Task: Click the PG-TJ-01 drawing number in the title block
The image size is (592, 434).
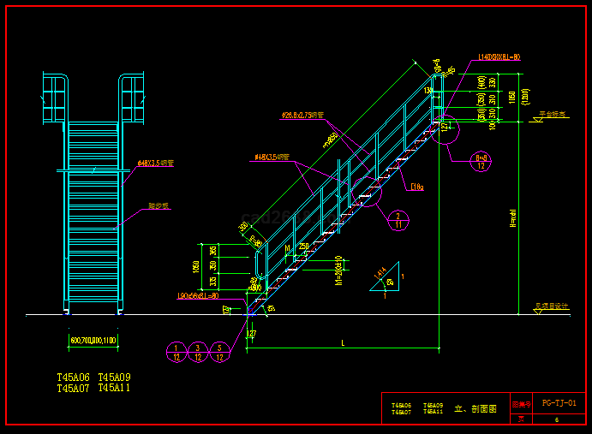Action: (x=565, y=402)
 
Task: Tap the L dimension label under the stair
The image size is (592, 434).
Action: (x=343, y=343)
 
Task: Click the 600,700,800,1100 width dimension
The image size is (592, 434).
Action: (x=93, y=341)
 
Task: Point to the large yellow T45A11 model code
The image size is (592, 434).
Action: (x=115, y=389)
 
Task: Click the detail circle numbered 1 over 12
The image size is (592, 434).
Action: (x=176, y=352)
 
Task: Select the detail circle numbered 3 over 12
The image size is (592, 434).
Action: (x=198, y=352)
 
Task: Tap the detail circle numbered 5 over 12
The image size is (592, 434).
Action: (x=220, y=352)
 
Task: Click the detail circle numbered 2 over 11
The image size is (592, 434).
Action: (x=398, y=220)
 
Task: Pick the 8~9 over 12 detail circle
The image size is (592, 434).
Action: (x=482, y=163)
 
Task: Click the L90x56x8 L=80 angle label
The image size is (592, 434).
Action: (x=198, y=296)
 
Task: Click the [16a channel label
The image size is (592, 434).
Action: (x=417, y=186)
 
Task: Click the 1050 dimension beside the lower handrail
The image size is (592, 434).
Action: (x=196, y=266)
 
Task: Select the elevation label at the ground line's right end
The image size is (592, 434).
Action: (x=552, y=306)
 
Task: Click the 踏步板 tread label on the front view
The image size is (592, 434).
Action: (x=159, y=206)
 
